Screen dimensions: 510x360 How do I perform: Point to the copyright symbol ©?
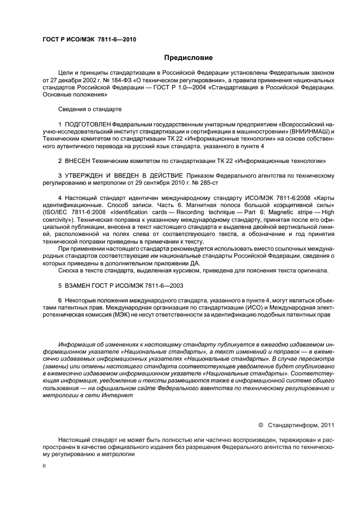point(260,424)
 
